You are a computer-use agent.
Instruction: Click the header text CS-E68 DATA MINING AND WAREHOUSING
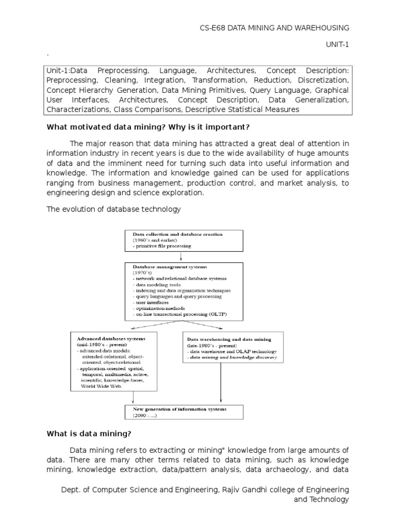(x=274, y=27)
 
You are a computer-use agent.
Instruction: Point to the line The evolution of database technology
(x=113, y=209)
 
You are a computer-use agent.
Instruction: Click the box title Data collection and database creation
(x=178, y=234)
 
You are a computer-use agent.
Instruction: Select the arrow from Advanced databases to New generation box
(x=134, y=397)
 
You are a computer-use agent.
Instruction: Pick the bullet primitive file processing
(x=161, y=246)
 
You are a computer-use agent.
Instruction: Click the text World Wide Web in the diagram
(x=100, y=386)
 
